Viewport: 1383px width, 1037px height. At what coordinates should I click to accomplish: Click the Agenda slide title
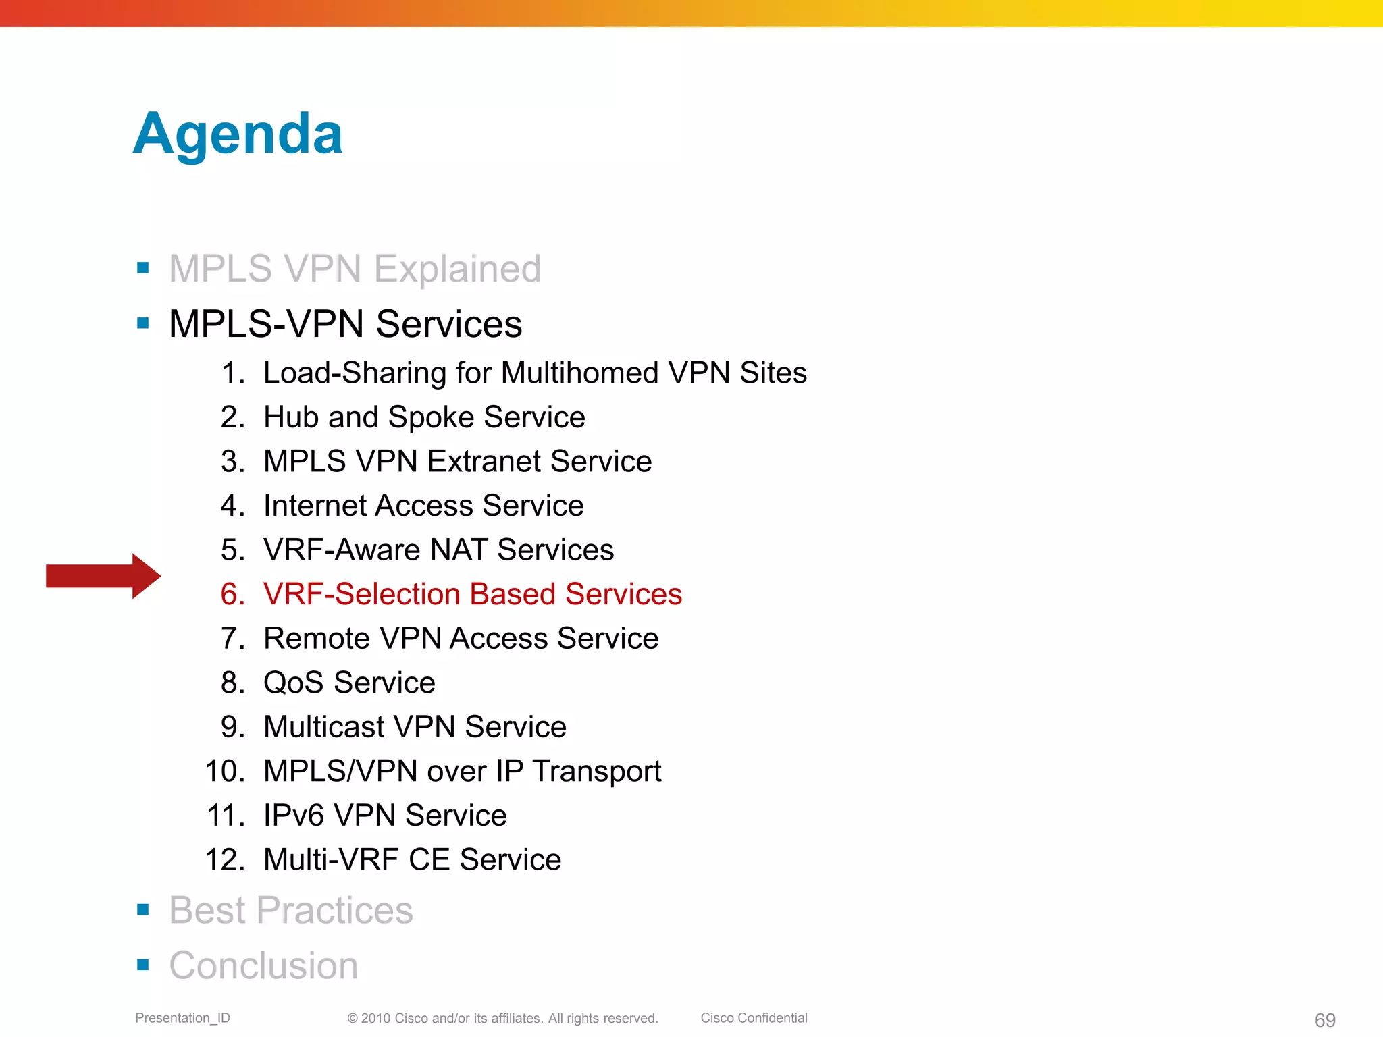238,134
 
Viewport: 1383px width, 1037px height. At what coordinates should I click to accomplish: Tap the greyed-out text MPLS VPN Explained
355,269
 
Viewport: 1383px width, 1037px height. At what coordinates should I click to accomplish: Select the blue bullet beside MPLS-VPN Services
142,323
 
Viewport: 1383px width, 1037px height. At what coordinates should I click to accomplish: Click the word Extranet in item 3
484,462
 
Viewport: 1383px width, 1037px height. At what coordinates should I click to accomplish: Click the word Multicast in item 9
324,727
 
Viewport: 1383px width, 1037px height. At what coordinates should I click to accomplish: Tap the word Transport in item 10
596,772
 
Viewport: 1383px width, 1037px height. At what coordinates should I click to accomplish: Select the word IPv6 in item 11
294,816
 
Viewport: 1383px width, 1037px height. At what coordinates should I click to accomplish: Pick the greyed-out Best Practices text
291,910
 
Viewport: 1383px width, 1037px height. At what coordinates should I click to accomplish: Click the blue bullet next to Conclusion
142,965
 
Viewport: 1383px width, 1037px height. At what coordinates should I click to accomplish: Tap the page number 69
1325,1020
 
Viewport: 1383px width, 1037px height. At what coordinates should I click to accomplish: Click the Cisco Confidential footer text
754,1018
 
